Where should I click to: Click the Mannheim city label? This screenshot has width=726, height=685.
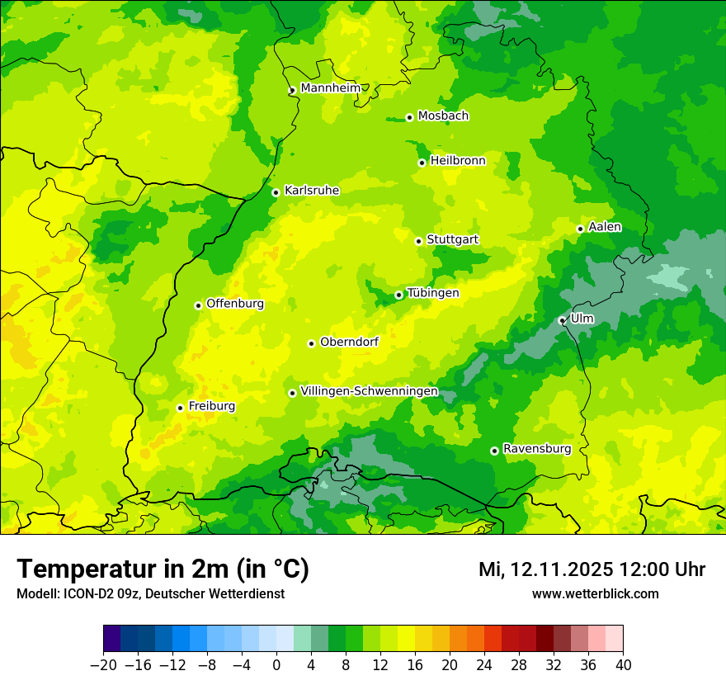click(x=330, y=88)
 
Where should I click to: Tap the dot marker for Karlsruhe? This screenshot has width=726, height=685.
click(x=276, y=192)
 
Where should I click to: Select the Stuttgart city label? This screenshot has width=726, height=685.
click(x=452, y=240)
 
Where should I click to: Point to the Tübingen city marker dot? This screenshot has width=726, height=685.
click(x=398, y=295)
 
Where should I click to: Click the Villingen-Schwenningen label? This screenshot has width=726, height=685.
click(x=369, y=391)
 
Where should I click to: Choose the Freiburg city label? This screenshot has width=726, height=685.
click(x=211, y=406)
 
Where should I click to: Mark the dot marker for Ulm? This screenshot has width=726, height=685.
click(x=562, y=320)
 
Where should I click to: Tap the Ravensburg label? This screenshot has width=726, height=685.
click(x=536, y=449)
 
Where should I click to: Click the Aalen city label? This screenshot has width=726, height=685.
click(x=605, y=227)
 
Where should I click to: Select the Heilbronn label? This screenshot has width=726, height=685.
click(x=458, y=161)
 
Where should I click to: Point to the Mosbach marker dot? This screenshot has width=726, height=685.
click(x=409, y=117)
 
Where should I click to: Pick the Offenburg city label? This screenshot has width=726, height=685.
click(x=235, y=304)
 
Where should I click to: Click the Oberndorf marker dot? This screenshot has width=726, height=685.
click(x=311, y=343)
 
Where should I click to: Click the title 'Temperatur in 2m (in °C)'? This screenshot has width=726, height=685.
click(x=163, y=569)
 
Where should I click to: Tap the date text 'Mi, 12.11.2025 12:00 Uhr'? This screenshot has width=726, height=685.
click(x=592, y=569)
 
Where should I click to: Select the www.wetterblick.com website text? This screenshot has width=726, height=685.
click(x=595, y=593)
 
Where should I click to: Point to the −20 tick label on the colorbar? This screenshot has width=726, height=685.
click(x=103, y=665)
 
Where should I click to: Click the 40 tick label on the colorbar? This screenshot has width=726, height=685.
click(x=623, y=665)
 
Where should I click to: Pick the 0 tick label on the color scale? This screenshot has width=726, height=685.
click(x=276, y=665)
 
